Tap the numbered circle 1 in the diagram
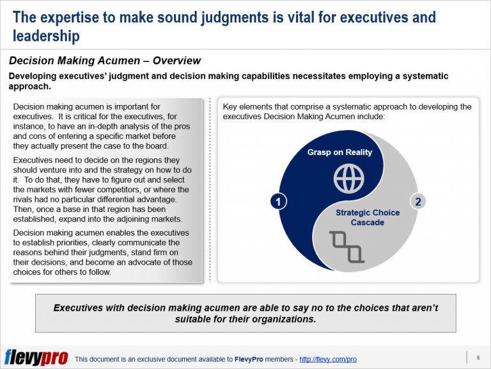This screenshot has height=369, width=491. coord(277,202)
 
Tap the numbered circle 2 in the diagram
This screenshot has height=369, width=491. coord(417,202)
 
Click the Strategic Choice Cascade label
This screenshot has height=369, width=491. coord(366,217)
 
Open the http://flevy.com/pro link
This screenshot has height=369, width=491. coord(328,359)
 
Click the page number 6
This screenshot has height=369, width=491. coord(478,357)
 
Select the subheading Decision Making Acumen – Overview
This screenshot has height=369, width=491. coord(105,61)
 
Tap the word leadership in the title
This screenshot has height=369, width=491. coord(46,36)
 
